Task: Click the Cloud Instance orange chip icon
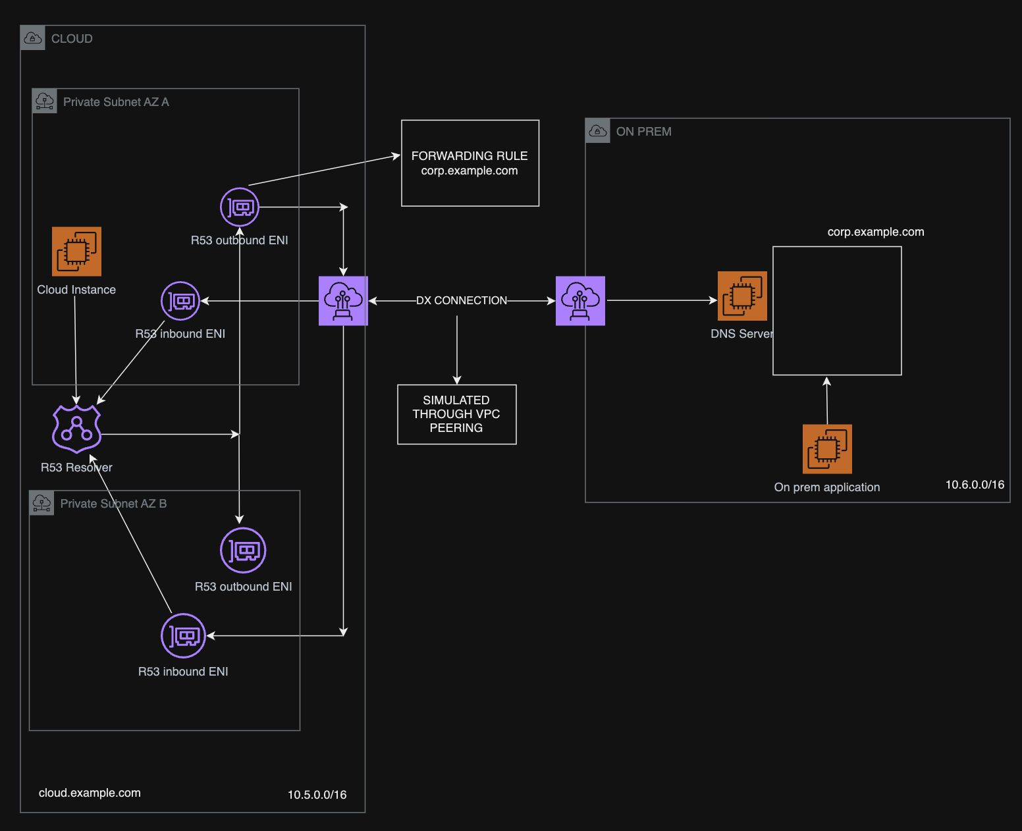coord(76,252)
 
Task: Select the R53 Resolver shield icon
coord(76,429)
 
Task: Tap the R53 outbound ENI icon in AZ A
coord(240,207)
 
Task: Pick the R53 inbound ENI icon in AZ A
coord(180,302)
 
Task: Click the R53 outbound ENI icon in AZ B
coord(243,550)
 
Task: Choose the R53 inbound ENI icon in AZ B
coord(184,635)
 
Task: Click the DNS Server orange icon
coord(742,296)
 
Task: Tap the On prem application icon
coord(827,449)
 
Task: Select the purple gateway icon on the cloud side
coord(343,301)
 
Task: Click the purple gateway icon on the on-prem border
coord(580,301)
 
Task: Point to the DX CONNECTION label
coord(462,301)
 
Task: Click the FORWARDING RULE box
coord(470,163)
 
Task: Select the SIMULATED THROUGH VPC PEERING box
coord(456,414)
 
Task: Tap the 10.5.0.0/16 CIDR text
coord(317,795)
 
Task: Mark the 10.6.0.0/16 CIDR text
coord(975,485)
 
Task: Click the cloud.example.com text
coord(90,793)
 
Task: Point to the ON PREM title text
coord(643,132)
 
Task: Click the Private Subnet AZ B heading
coord(113,504)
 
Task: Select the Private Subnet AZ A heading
coord(116,102)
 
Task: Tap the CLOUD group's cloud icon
coord(33,38)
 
